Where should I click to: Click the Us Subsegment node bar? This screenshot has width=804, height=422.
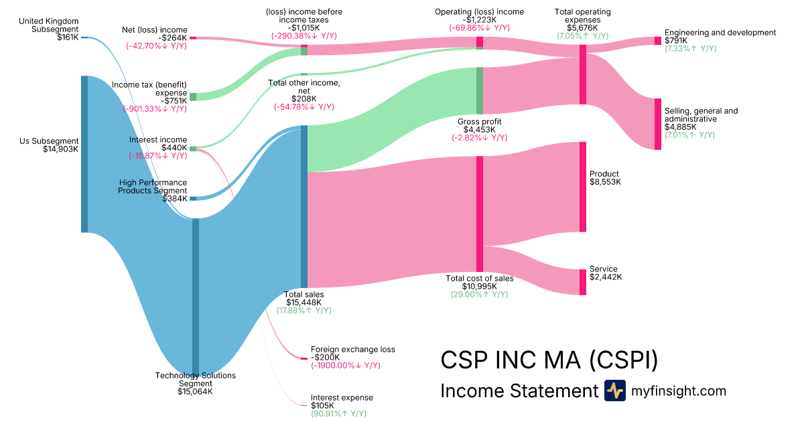pos(84,154)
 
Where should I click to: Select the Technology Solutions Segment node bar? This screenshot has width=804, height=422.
pos(196,295)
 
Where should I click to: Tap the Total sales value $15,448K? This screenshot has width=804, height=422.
pos(304,303)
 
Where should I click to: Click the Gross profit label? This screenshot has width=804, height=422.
pos(479,121)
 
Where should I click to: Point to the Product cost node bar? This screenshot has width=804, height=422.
pos(583,186)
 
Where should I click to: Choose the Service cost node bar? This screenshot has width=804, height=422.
pos(583,281)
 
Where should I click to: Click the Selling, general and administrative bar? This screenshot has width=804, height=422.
pos(657,124)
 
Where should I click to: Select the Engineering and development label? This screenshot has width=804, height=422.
pos(720,32)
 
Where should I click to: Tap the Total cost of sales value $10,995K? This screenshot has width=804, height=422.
pos(479,287)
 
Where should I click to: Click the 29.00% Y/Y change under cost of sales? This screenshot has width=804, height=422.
pos(479,295)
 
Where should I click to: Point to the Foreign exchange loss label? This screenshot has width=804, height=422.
pos(352,349)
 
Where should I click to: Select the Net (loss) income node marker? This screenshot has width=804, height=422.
pos(193,38)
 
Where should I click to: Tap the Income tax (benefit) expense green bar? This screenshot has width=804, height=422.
pos(193,96)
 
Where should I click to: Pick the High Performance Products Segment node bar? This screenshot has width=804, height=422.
pos(193,198)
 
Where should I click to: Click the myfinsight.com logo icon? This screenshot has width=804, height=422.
pos(614,391)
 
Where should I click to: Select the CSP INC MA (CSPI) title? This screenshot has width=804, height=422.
pos(549,360)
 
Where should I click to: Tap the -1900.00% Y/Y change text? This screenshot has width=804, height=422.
pos(345,366)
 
